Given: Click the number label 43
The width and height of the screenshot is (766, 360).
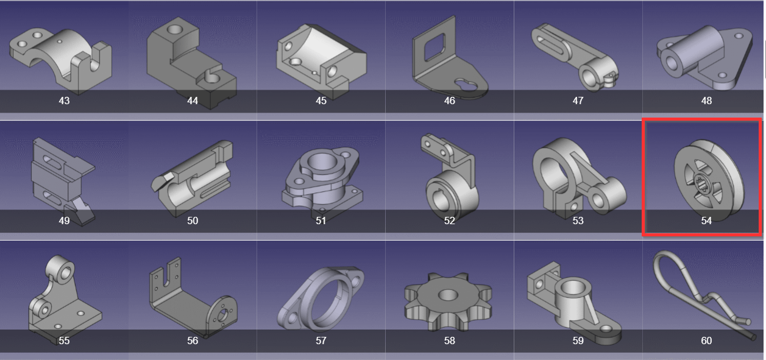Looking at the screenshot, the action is tap(64, 101).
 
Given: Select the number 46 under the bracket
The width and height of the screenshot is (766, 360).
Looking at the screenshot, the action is tap(449, 101).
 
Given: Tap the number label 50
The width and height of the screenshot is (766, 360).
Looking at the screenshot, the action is tap(193, 221).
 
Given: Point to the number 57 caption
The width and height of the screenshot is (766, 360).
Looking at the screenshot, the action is tap(321, 341).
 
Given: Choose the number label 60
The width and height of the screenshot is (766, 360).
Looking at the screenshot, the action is tap(706, 341).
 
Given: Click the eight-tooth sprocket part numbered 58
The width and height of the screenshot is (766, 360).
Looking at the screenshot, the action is tap(448, 301).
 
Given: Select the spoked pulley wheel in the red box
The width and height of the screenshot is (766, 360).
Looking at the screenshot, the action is tap(709, 180).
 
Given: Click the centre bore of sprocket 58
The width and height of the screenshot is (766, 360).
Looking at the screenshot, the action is tap(448, 294).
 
